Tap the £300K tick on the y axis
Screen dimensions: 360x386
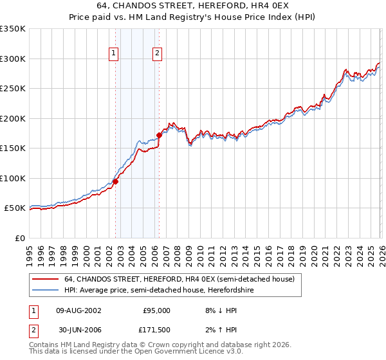[13, 59]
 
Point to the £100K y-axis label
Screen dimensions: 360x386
[13, 178]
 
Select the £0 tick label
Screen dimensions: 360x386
[20, 238]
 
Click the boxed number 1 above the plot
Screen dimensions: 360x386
[113, 54]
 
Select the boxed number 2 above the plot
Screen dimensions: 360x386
[157, 54]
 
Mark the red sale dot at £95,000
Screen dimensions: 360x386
[116, 181]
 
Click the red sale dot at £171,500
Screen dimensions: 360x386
[160, 135]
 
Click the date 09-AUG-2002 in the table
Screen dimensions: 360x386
[78, 310]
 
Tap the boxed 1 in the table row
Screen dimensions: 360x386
[33, 310]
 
